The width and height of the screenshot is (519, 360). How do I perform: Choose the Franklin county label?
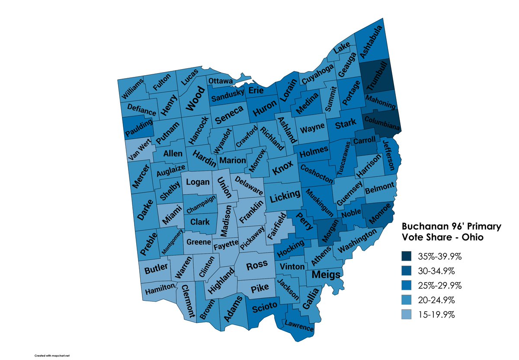pyautogui.click(x=251, y=212)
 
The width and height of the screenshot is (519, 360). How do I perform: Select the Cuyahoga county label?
pyautogui.click(x=317, y=74)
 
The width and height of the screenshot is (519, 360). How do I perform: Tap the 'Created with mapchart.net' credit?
pyautogui.click(x=52, y=355)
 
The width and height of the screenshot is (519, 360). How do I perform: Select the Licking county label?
pyautogui.click(x=285, y=197)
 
